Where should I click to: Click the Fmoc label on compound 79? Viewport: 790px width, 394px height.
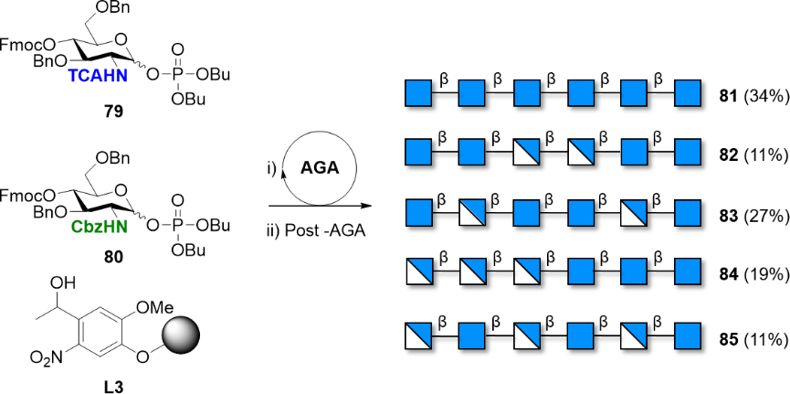click(x=22, y=42)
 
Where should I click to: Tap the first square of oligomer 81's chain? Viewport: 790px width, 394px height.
click(x=418, y=93)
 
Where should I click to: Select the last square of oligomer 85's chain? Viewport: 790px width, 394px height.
click(x=687, y=337)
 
